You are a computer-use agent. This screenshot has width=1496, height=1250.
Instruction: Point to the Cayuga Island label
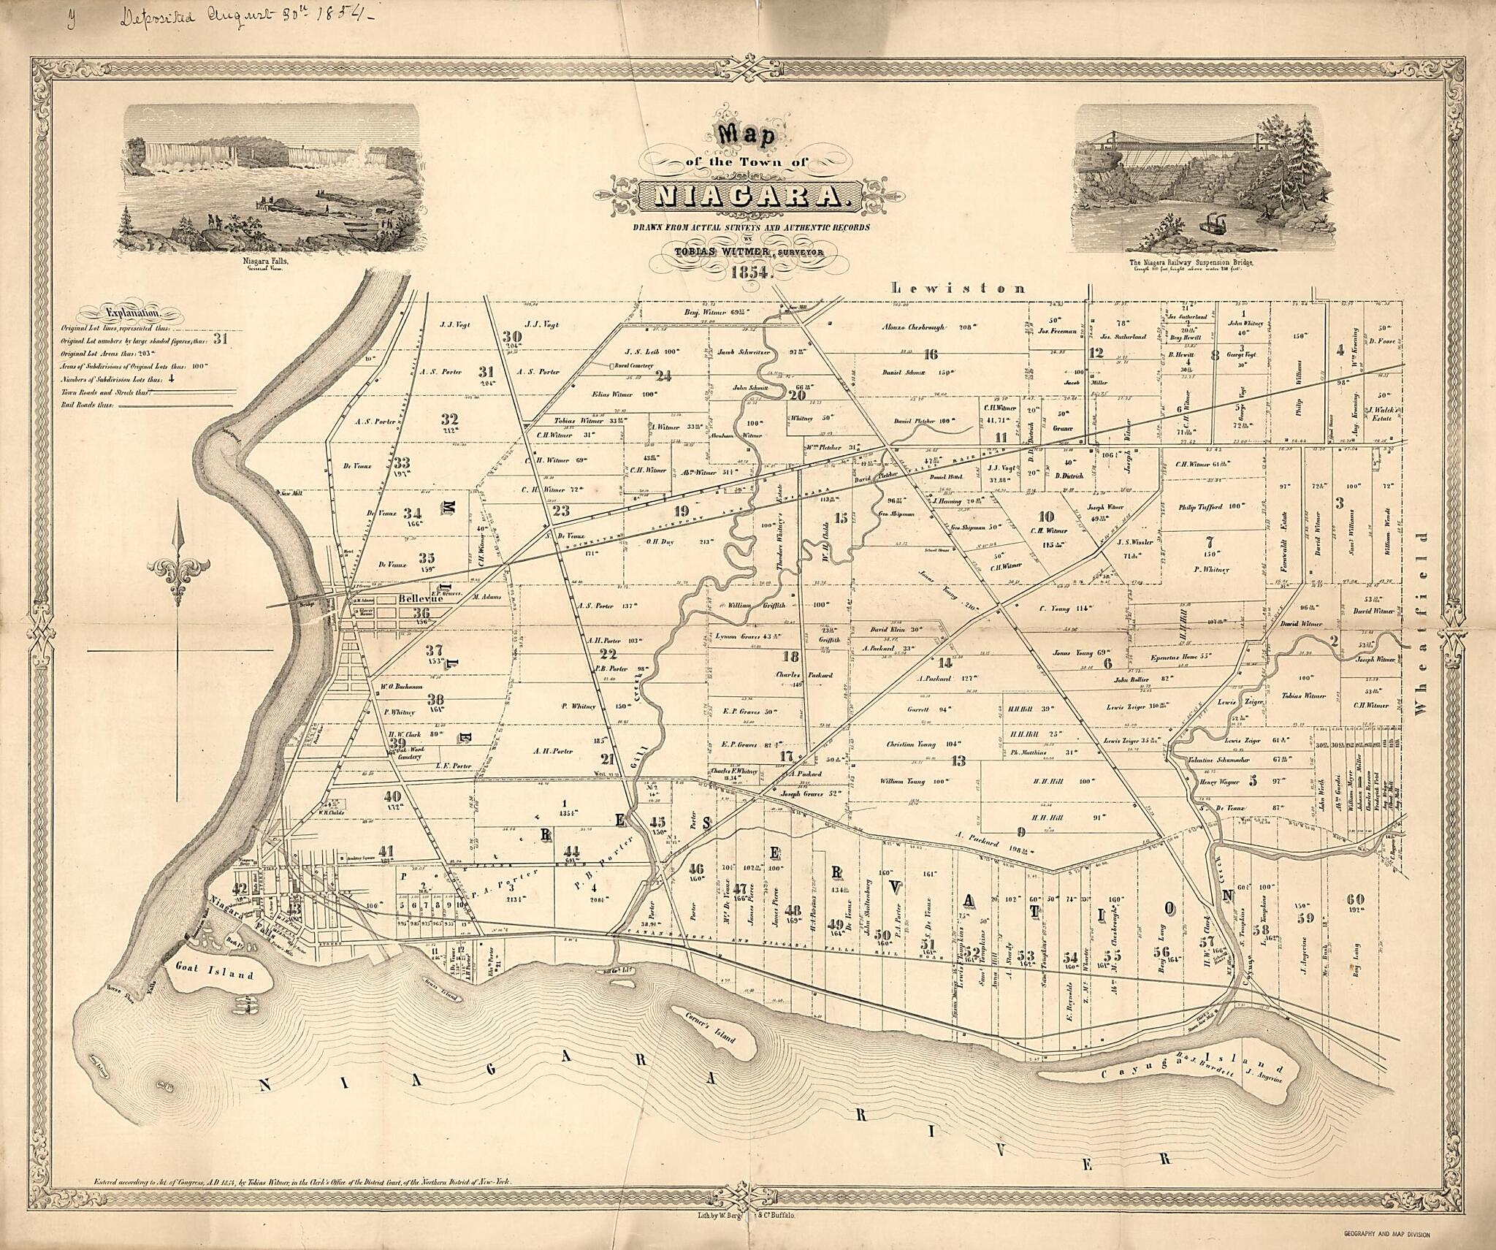(1154, 1068)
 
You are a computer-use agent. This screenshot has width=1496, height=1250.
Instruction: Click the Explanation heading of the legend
(131, 314)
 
